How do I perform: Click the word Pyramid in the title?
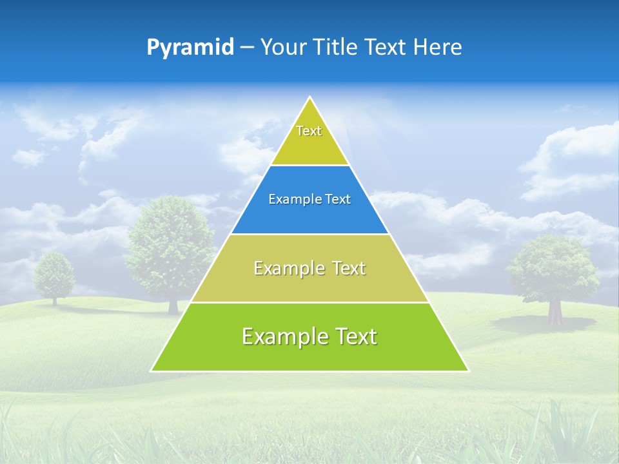(190, 47)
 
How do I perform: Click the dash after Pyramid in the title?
(246, 48)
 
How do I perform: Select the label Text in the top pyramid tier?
(309, 131)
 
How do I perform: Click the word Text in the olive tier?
(349, 268)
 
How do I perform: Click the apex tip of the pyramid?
(310, 98)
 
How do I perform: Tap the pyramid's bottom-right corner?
(467, 371)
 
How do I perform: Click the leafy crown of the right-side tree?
(552, 267)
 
